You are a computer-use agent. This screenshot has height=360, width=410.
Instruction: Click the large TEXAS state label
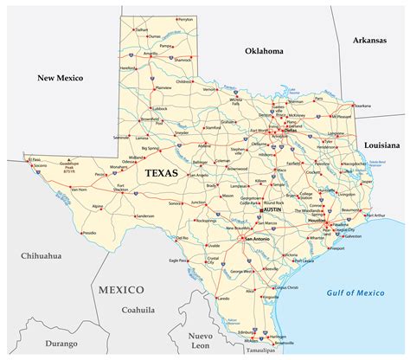(161, 173)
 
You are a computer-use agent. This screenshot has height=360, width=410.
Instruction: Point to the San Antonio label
(260, 239)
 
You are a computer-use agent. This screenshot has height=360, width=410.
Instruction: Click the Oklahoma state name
(265, 52)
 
